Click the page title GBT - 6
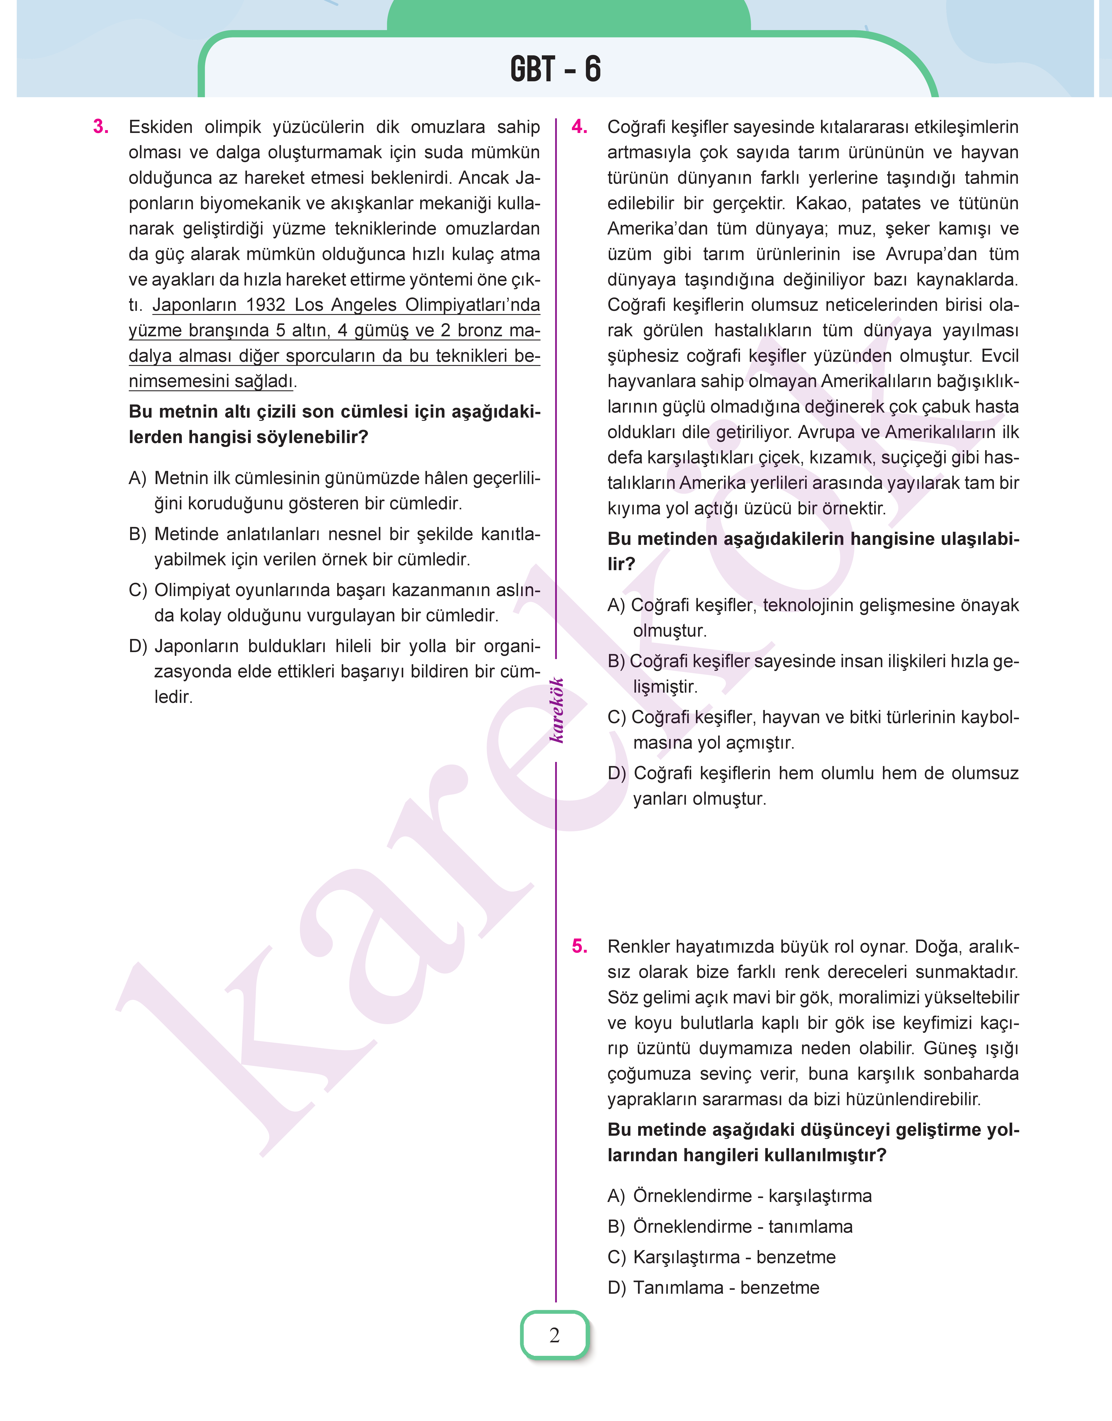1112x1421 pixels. (555, 69)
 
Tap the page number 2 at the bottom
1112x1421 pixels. (554, 1334)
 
